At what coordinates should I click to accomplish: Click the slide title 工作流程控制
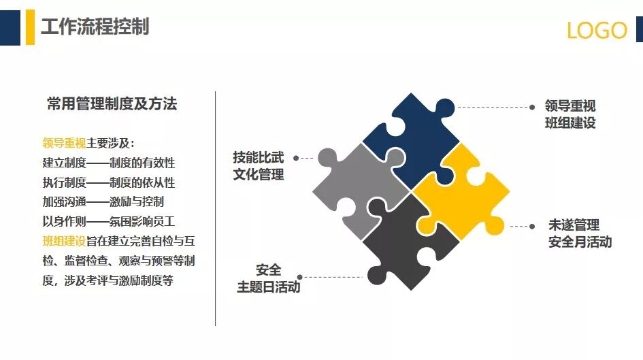click(95, 27)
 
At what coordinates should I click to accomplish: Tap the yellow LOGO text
click(597, 31)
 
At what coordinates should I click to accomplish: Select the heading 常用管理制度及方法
click(112, 104)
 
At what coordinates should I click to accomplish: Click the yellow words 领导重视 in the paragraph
click(63, 144)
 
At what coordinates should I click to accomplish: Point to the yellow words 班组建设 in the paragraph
click(63, 242)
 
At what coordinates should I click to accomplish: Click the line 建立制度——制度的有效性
click(109, 163)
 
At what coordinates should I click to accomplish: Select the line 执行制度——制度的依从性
click(109, 183)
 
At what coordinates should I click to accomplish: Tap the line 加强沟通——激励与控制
click(103, 202)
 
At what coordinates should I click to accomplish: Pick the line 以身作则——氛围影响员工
click(109, 222)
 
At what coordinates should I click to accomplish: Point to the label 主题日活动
click(268, 287)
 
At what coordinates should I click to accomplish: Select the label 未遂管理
click(574, 225)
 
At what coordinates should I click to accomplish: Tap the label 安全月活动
click(580, 242)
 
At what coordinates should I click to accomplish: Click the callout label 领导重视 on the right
click(570, 106)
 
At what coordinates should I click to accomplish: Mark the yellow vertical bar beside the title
click(30, 28)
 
